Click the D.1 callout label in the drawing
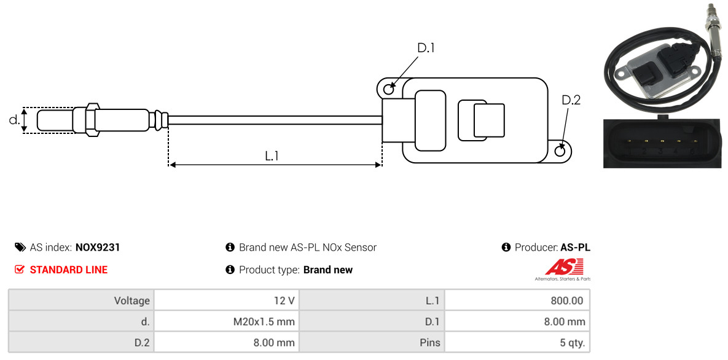pyautogui.click(x=426, y=47)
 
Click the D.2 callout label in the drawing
pyautogui.click(x=571, y=100)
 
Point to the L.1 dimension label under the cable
pyautogui.click(x=272, y=156)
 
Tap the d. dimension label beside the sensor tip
pyautogui.click(x=14, y=120)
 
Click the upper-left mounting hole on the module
pyautogui.click(x=389, y=87)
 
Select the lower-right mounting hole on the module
pyautogui.click(x=560, y=151)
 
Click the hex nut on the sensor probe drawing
pyautogui.click(x=92, y=120)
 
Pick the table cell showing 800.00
pyautogui.click(x=517, y=300)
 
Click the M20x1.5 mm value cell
pyautogui.click(x=227, y=321)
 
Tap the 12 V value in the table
pyautogui.click(x=227, y=300)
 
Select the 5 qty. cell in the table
pyautogui.click(x=517, y=343)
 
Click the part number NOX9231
pyautogui.click(x=98, y=248)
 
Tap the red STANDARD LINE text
pyautogui.click(x=69, y=270)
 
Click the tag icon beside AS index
pyautogui.click(x=20, y=247)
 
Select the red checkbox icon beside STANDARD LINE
pyautogui.click(x=20, y=270)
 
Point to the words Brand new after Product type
pyautogui.click(x=328, y=270)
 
